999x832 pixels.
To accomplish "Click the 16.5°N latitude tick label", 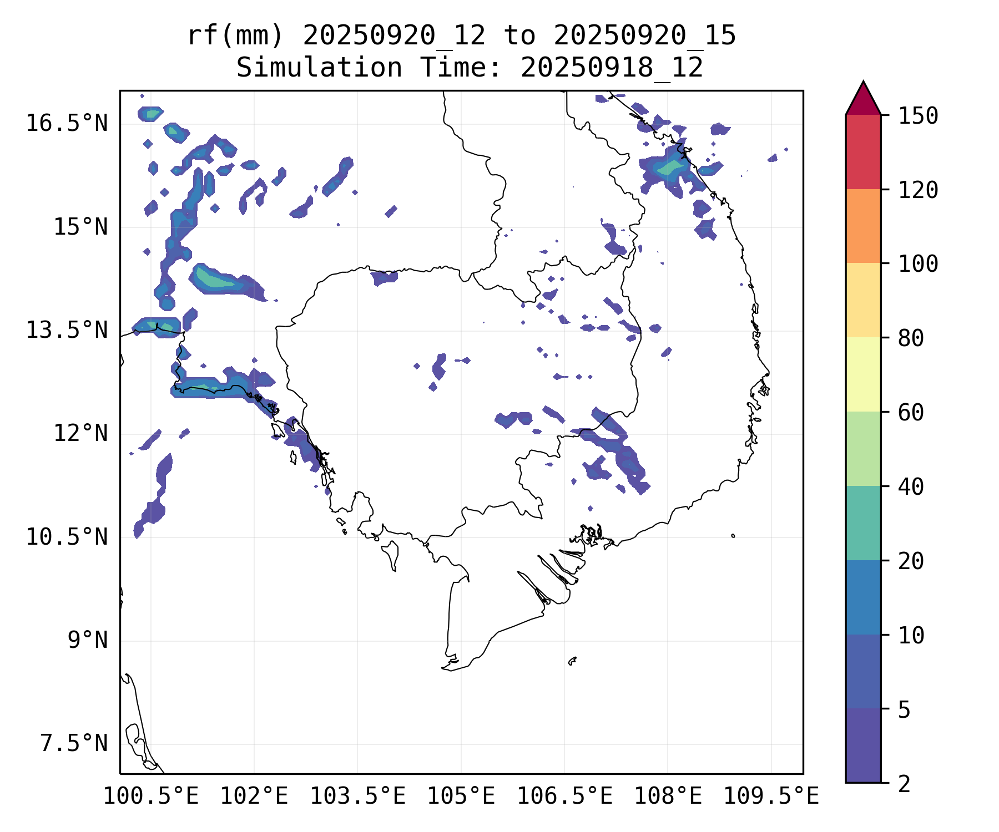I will pos(67,123).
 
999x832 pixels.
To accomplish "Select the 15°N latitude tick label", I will pos(80,227).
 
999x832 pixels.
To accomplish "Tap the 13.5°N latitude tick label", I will pos(67,330).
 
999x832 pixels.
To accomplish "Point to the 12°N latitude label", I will pos(80,433).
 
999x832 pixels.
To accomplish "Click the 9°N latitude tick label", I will pos(88,640).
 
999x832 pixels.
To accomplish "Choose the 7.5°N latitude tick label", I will pos(74,743).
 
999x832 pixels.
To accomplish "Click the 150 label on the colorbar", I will pos(918,116).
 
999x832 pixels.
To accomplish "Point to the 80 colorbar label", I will pos(911,338).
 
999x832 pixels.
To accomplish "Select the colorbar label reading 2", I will pos(904,784).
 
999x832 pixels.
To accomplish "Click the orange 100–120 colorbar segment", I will pos(863,226).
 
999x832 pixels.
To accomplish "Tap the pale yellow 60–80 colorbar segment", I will pos(863,374).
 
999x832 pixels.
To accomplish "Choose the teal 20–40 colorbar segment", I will pos(863,522).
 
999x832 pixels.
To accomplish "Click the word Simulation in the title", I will pos(319,68).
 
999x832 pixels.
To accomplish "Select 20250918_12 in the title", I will pos(612,68).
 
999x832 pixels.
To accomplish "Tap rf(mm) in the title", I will pos(235,36).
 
